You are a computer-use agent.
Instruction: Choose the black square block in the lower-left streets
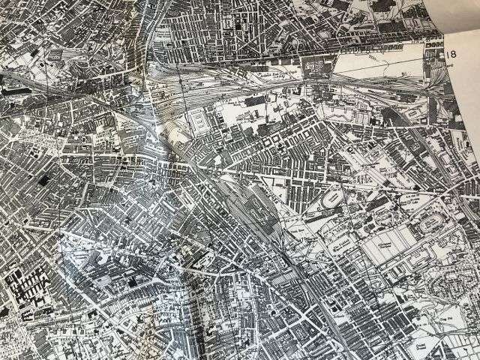[133, 281]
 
